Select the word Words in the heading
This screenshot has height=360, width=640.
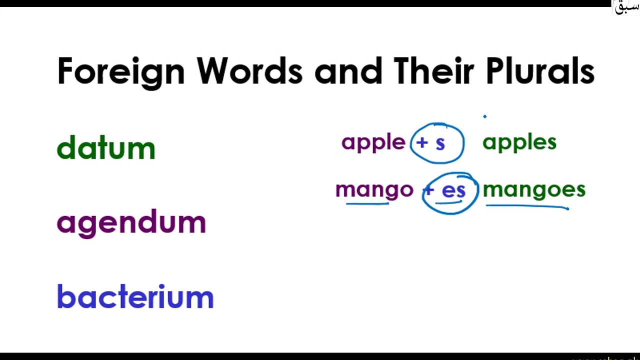tap(249, 70)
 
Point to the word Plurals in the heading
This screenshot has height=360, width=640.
tap(539, 70)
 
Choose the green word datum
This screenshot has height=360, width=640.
tap(106, 148)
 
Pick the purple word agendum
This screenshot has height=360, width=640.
tap(131, 223)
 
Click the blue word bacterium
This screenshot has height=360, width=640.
tap(135, 297)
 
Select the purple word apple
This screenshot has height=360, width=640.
tap(373, 143)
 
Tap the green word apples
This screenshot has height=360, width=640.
tap(519, 143)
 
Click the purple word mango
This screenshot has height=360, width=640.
tap(374, 190)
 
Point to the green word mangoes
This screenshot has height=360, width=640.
tap(533, 190)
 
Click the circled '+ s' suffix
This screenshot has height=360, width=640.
tap(436, 143)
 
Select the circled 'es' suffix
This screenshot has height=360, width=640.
tap(453, 191)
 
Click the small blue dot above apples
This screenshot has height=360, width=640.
tap(484, 116)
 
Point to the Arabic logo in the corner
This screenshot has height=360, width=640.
tap(626, 7)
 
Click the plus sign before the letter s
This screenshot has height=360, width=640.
tap(422, 142)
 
